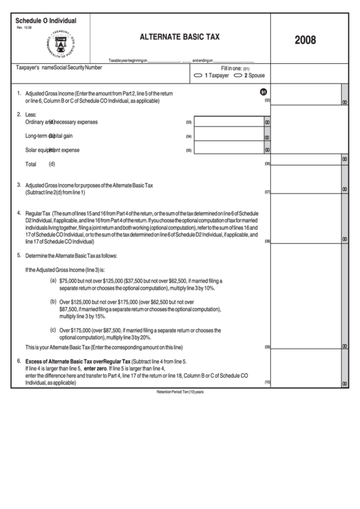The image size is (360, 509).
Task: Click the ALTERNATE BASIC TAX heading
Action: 179,39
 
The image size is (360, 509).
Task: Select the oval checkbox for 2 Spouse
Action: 238,75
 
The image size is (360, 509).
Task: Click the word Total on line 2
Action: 31,164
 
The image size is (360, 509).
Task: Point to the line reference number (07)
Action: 268,192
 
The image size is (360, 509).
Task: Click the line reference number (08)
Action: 268,241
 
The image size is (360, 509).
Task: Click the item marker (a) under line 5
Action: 54,280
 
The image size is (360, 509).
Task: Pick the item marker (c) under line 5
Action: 54,330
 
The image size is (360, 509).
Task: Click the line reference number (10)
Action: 268,382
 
